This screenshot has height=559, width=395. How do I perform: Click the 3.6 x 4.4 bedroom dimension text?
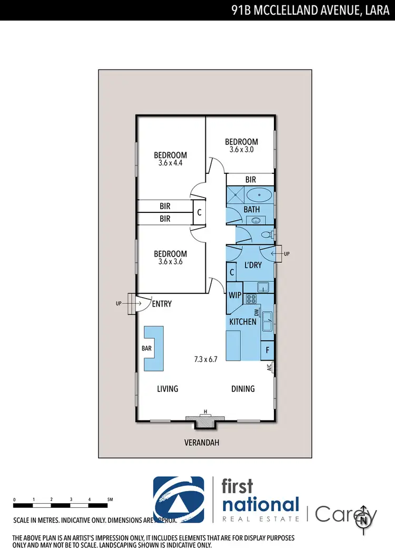(170, 163)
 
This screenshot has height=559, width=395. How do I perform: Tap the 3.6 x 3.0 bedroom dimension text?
(241, 150)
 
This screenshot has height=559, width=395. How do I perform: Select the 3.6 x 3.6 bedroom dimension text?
(170, 262)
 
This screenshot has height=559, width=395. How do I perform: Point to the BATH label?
(252, 210)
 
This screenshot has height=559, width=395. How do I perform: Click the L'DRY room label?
(253, 266)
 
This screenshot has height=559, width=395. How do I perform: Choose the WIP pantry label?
(234, 295)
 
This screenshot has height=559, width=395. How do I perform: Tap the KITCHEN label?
(243, 321)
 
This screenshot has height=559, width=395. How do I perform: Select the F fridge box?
(268, 350)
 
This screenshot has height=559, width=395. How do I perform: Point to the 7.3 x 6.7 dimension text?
(206, 360)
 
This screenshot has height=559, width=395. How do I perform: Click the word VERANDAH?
(202, 443)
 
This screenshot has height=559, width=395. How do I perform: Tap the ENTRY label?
(162, 304)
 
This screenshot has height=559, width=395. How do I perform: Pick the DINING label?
(243, 389)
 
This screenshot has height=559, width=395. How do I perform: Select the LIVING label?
(167, 389)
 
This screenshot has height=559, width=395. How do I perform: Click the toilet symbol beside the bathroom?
(267, 234)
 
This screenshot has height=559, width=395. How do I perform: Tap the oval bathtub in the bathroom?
(259, 195)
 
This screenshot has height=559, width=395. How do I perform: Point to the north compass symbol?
(363, 520)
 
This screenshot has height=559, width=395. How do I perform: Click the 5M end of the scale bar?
(109, 498)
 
